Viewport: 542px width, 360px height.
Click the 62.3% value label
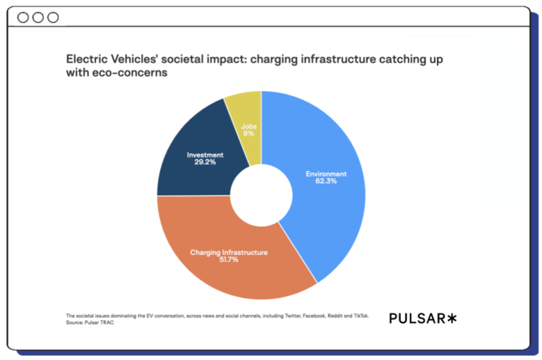tap(326, 181)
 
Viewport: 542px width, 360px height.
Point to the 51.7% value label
tap(229, 260)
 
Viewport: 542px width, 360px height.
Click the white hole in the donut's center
tap(261, 196)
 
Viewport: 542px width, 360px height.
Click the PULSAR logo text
tap(417, 318)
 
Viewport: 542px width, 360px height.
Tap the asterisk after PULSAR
tap(452, 318)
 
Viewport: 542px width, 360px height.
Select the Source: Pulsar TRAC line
tap(90, 323)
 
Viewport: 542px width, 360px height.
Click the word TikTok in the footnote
tap(361, 316)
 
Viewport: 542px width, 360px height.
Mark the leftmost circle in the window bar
tap(23, 18)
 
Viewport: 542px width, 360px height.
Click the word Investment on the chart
tap(205, 155)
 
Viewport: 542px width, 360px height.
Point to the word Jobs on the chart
tap(248, 126)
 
